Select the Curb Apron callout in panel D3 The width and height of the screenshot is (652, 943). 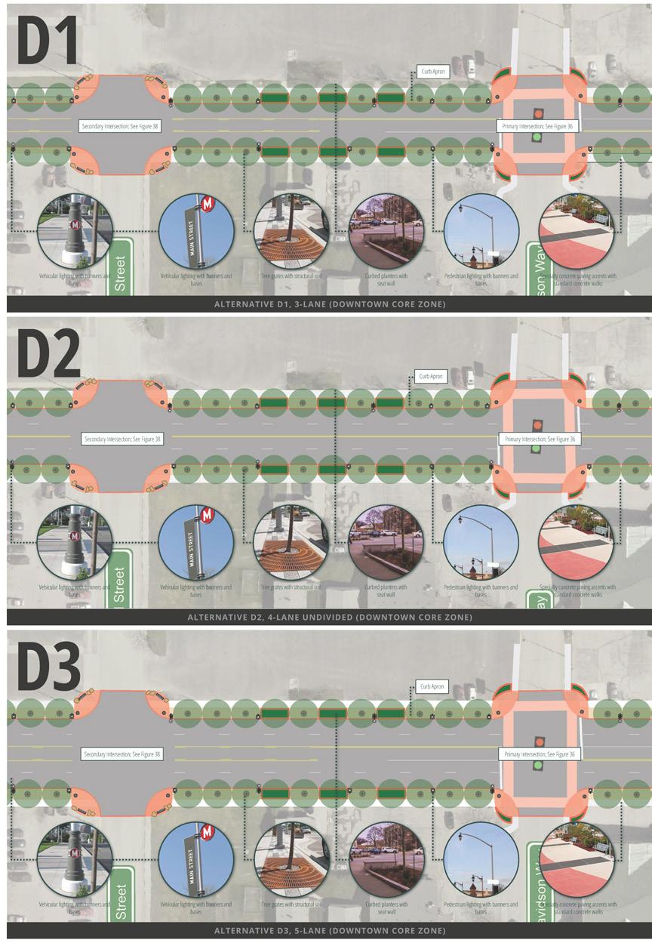coord(431,687)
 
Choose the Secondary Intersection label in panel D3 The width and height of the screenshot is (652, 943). coord(121,753)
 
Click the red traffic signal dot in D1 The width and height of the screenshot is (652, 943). coord(537,113)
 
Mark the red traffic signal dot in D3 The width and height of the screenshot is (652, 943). coord(537,741)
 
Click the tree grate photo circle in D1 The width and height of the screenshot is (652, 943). coord(291,232)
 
